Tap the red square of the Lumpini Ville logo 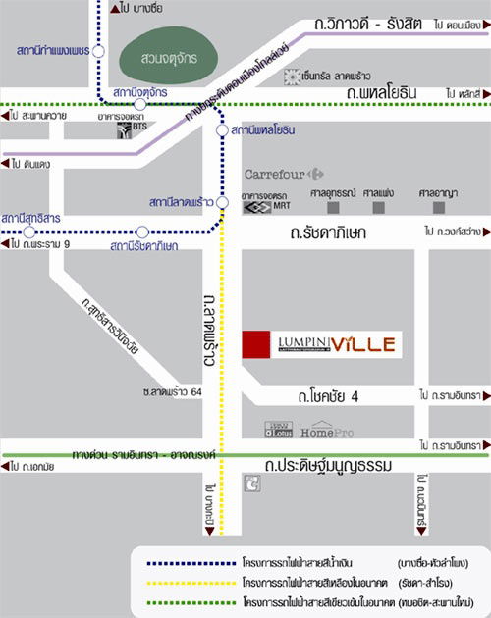255,344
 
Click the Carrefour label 278,174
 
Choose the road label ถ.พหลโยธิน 382,92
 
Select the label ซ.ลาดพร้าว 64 171,392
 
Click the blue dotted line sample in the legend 186,563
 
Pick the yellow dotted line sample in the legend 186,582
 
